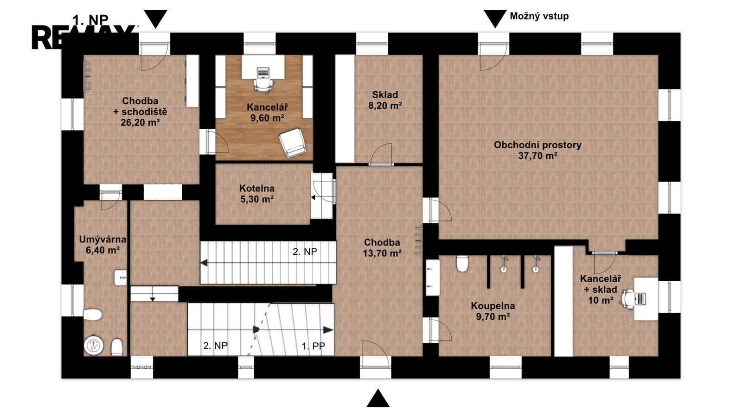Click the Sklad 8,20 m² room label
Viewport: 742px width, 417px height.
(x=385, y=100)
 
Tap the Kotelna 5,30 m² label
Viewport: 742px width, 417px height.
(x=257, y=194)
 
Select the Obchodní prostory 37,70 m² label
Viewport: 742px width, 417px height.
(x=537, y=150)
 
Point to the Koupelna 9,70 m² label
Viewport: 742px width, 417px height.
(x=493, y=311)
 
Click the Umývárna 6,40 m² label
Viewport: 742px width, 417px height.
(x=102, y=245)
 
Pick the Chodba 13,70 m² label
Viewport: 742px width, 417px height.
(x=382, y=248)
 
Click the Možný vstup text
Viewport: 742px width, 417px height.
(x=539, y=16)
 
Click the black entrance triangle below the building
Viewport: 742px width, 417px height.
(x=378, y=398)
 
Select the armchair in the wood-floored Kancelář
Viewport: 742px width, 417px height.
(x=292, y=143)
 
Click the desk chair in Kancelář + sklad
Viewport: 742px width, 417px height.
(x=628, y=299)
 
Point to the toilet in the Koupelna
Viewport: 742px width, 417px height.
(x=462, y=264)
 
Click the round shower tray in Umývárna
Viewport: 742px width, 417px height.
(x=94, y=346)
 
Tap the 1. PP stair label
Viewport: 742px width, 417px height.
(x=313, y=346)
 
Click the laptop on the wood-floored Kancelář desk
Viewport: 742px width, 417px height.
(x=263, y=72)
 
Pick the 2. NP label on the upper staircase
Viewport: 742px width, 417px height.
(x=305, y=252)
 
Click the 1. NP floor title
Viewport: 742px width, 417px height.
(x=90, y=20)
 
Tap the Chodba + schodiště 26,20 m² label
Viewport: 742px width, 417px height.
(x=140, y=112)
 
